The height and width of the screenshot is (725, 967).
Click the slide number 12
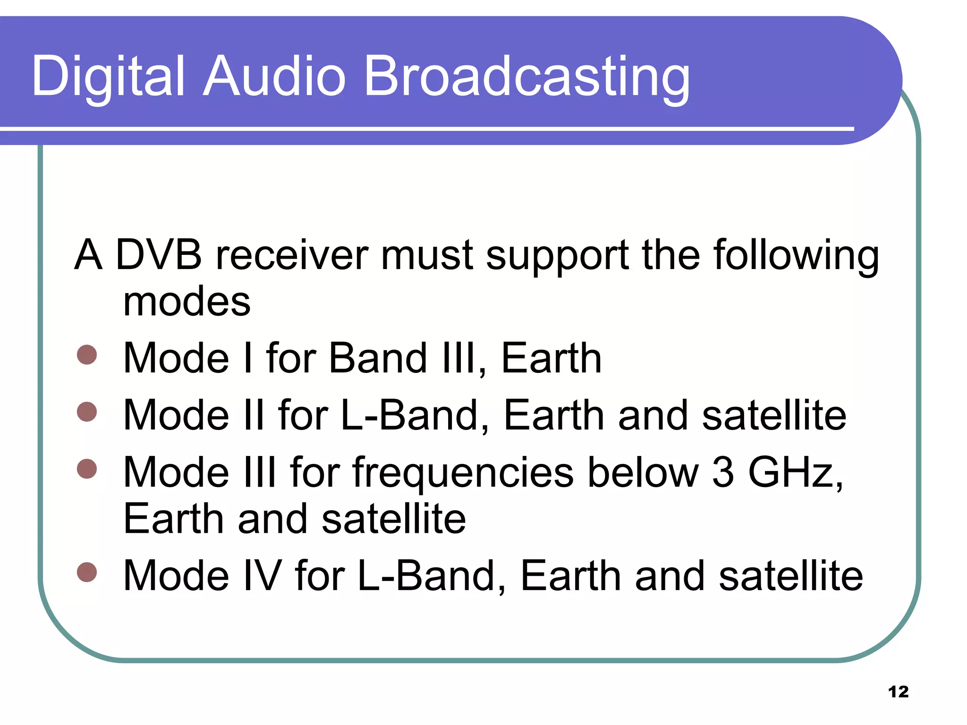[898, 692]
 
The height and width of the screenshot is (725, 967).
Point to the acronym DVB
[159, 255]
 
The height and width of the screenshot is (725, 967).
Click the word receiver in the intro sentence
[291, 255]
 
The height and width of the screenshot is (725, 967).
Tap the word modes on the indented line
[187, 302]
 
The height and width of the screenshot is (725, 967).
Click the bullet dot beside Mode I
[87, 355]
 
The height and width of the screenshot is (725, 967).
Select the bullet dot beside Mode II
[87, 412]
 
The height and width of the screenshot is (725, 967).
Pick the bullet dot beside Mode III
[87, 469]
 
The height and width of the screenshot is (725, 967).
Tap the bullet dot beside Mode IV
[87, 572]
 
